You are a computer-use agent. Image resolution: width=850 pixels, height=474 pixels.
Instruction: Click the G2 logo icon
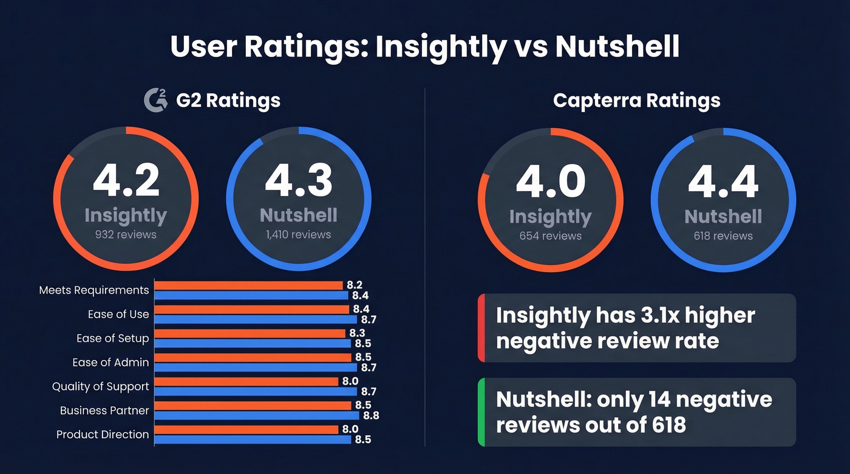155,100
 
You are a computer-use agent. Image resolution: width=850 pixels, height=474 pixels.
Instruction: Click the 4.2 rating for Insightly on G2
126,180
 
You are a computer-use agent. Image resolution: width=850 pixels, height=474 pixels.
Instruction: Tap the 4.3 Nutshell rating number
298,180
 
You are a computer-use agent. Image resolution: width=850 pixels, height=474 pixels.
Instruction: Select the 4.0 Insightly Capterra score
550,181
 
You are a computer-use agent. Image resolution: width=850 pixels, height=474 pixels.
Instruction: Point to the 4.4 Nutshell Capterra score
723,181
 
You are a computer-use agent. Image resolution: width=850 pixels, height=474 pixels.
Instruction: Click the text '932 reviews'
126,234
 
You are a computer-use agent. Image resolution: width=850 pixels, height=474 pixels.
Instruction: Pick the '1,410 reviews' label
298,234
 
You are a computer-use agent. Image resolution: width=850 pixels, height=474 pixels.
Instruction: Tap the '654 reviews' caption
550,235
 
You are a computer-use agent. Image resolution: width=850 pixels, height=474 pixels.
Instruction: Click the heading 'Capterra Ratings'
636,100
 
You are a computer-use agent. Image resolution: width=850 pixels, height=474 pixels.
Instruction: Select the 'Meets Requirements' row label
93,290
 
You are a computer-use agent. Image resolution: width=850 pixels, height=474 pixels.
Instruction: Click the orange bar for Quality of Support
246,381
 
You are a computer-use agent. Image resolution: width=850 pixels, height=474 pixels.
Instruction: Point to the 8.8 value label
371,416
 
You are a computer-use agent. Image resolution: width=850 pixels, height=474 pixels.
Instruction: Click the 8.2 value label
355,285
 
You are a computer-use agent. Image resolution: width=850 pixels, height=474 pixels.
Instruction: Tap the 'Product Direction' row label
102,435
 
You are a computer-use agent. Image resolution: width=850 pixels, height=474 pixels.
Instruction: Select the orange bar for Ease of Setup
250,333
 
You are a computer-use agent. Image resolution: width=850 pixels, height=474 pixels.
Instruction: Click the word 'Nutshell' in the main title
617,47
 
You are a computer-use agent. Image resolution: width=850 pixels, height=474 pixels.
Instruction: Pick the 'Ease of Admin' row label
110,362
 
